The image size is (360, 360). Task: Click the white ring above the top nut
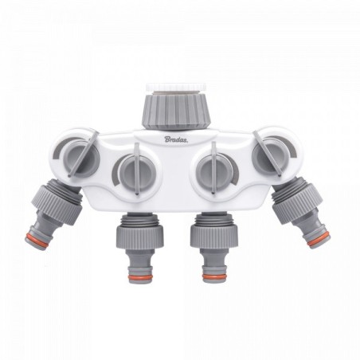click(176, 88)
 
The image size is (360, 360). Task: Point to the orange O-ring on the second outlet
click(141, 277)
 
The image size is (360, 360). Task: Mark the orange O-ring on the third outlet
click(214, 276)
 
